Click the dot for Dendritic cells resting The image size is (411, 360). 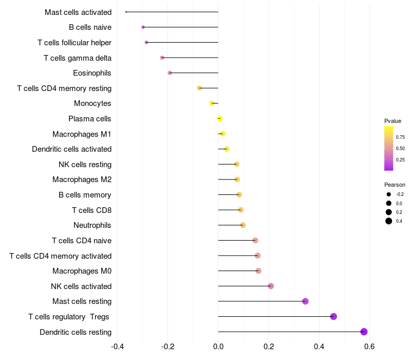pyautogui.click(x=364, y=332)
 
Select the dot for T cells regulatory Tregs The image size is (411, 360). pyautogui.click(x=333, y=316)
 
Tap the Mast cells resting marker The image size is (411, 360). pyautogui.click(x=305, y=301)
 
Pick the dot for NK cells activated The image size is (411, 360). pyautogui.click(x=271, y=286)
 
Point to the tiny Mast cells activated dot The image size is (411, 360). pyautogui.click(x=126, y=12)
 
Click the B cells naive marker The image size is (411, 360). pyautogui.click(x=143, y=27)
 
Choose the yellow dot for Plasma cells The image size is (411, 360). pyautogui.click(x=220, y=119)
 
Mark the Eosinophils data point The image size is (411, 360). pyautogui.click(x=170, y=73)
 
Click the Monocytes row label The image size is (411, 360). pyautogui.click(x=92, y=103)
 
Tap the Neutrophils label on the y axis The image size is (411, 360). pyautogui.click(x=92, y=225)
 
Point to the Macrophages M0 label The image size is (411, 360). pyautogui.click(x=82, y=271)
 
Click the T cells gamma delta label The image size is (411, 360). pyautogui.click(x=78, y=58)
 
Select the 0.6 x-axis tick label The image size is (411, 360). pyautogui.click(x=369, y=346)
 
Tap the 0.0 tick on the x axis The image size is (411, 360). pyautogui.click(x=218, y=346)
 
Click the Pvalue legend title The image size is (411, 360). pyautogui.click(x=393, y=121)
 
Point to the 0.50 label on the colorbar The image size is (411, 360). pyautogui.click(x=400, y=149)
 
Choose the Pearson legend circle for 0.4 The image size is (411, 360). pyautogui.click(x=389, y=221)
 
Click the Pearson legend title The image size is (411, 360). pyautogui.click(x=395, y=185)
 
